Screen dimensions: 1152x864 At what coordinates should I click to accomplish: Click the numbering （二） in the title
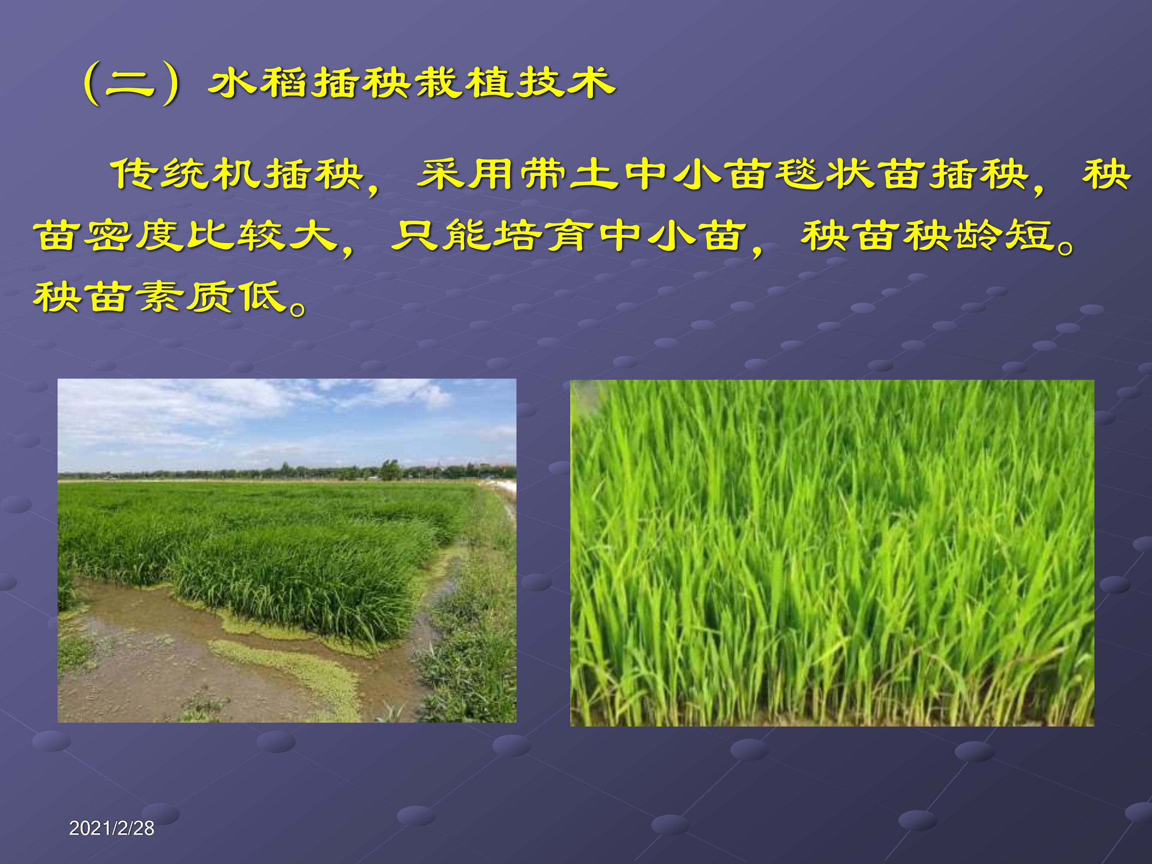(x=131, y=84)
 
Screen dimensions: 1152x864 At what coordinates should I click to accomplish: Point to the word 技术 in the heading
(x=565, y=83)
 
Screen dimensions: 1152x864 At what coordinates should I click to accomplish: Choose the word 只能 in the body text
(x=440, y=236)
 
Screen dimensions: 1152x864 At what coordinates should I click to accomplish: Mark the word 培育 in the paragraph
(x=543, y=236)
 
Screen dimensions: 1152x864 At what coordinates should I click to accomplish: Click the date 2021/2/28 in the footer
(x=111, y=828)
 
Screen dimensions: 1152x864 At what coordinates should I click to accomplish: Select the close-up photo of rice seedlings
(x=832, y=553)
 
